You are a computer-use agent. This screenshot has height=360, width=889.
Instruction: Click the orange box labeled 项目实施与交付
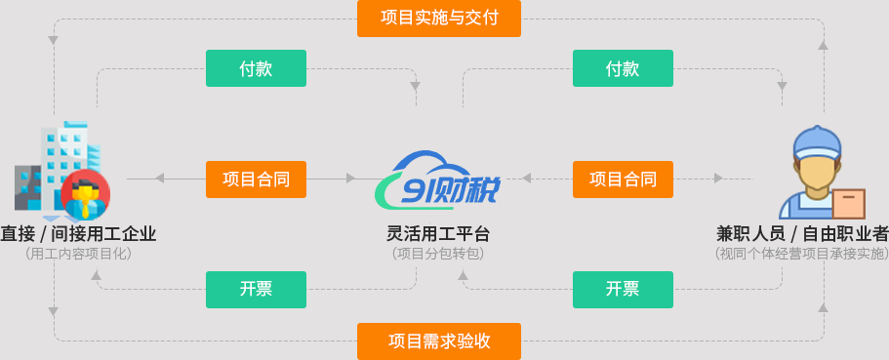[x=438, y=18]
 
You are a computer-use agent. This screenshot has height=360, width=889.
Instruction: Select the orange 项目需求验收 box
[x=438, y=341]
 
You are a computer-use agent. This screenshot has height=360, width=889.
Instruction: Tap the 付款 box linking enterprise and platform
[x=256, y=68]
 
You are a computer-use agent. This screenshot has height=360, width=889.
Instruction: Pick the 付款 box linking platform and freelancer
[x=622, y=68]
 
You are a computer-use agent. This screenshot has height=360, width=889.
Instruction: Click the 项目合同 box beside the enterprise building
[x=256, y=179]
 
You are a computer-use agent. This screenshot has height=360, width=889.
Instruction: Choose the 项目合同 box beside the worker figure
[x=622, y=179]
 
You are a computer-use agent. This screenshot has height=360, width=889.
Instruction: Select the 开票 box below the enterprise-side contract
[x=256, y=289]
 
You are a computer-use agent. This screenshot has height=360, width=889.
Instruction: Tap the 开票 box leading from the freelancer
[x=622, y=289]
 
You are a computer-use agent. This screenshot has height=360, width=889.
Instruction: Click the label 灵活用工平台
[x=438, y=234]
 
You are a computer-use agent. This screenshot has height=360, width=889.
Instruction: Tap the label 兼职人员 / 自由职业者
[x=802, y=234]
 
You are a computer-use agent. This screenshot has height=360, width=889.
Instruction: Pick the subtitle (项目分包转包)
[x=438, y=254]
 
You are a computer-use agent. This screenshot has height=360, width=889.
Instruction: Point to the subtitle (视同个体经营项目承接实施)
[x=802, y=254]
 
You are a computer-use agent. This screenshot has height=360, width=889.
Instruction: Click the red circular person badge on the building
[x=85, y=193]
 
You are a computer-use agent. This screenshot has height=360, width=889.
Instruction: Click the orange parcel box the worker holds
[x=849, y=203]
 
